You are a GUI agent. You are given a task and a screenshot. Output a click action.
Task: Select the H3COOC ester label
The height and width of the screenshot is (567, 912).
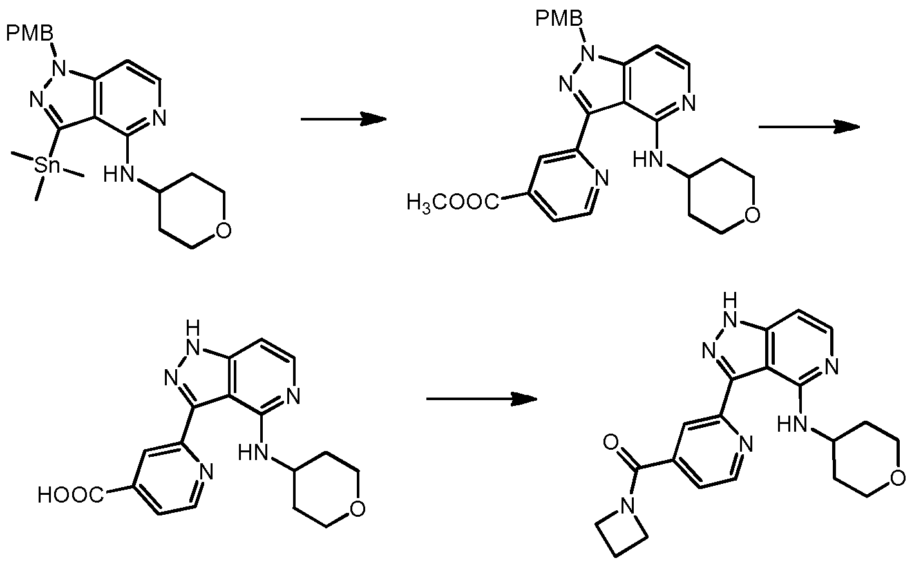click(x=453, y=204)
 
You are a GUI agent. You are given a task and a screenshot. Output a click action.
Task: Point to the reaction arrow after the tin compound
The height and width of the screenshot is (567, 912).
click(x=343, y=119)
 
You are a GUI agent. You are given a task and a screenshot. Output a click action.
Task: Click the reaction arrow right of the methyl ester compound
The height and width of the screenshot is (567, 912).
click(x=808, y=127)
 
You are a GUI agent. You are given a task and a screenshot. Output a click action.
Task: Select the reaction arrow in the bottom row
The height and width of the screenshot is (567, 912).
click(x=481, y=399)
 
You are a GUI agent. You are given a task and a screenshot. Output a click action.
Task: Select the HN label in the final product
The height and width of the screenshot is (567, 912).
click(x=792, y=423)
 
